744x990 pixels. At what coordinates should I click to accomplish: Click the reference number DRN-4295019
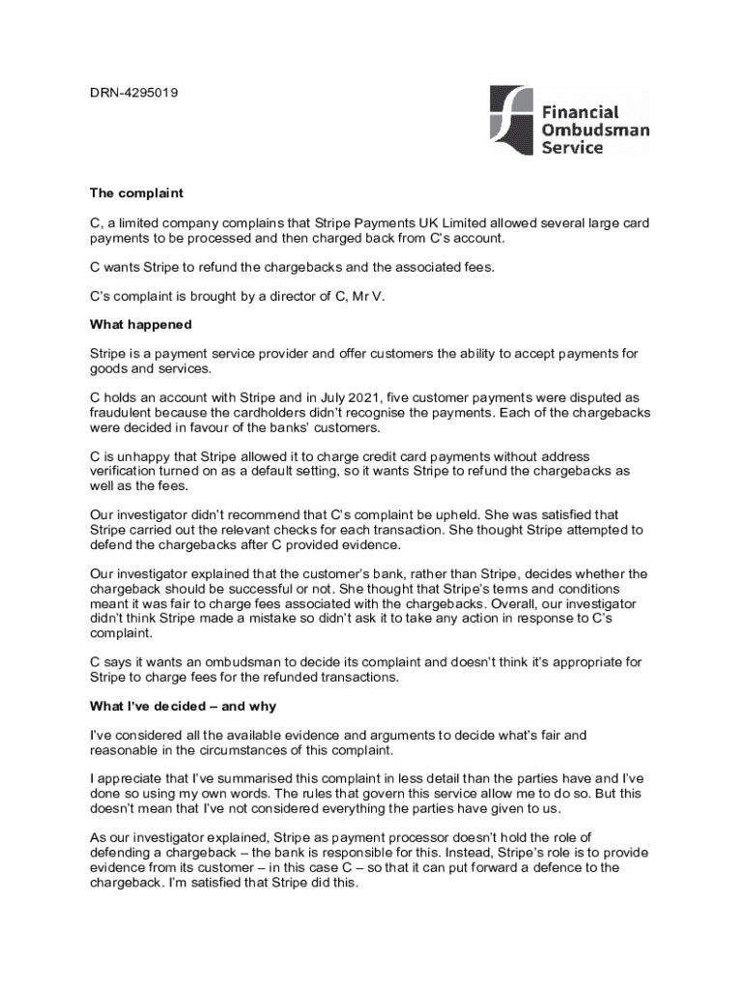[133, 93]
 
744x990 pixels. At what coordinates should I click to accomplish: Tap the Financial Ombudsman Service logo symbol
[511, 121]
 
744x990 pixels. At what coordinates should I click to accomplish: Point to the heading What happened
[141, 325]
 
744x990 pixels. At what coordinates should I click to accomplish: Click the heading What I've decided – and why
[184, 707]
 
